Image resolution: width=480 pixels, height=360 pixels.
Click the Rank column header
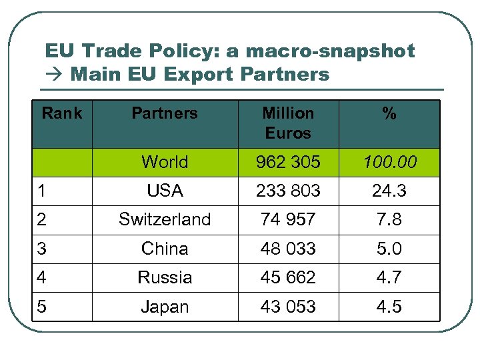click(x=62, y=113)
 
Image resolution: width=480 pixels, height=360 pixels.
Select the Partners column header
click(x=165, y=113)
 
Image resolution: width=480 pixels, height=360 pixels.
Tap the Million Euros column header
click(x=288, y=123)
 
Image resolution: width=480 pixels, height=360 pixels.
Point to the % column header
click(x=389, y=114)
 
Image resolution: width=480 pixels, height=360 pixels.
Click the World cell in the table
click(x=165, y=162)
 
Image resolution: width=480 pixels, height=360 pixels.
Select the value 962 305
click(x=288, y=162)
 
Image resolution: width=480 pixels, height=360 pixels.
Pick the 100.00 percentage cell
click(x=389, y=162)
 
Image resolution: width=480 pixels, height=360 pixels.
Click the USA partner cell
click(x=165, y=191)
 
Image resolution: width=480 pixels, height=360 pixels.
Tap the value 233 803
click(x=288, y=191)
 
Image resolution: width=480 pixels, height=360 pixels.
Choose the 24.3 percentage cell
click(x=389, y=191)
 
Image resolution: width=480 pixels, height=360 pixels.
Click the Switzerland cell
click(x=165, y=219)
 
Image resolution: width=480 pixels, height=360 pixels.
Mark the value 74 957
click(x=288, y=219)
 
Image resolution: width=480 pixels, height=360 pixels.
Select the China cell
click(x=165, y=249)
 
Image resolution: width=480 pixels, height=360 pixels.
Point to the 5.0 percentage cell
click(x=389, y=249)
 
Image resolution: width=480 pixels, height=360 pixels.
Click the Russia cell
click(x=165, y=277)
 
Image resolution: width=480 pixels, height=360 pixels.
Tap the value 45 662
click(x=288, y=277)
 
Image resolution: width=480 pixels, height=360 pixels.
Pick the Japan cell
click(x=165, y=307)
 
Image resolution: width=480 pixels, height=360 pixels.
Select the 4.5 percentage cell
click(x=389, y=307)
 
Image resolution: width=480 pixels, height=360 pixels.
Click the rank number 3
click(x=43, y=249)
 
